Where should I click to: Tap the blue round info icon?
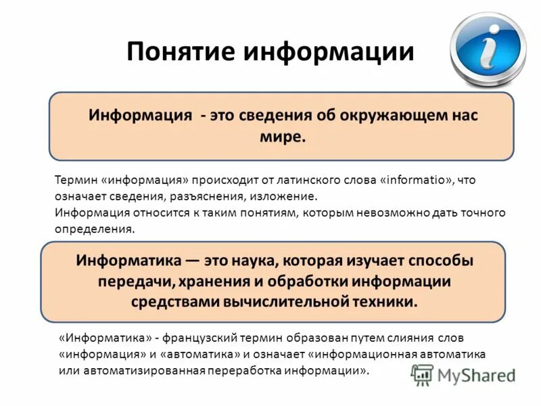pyautogui.click(x=488, y=47)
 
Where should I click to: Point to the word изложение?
pyautogui.click(x=283, y=197)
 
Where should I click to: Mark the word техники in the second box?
pyautogui.click(x=384, y=301)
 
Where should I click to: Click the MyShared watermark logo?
pyautogui.click(x=464, y=375)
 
